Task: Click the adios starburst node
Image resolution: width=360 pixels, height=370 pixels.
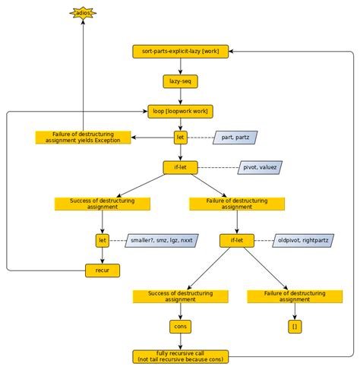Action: pos(83,13)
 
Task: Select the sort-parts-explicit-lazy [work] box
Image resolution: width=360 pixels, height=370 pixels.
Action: pos(180,52)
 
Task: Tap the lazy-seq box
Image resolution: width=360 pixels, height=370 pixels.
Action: pos(180,81)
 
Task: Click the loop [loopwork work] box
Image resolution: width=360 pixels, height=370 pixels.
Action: pos(180,110)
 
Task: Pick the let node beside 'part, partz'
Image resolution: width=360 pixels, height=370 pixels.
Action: pos(180,138)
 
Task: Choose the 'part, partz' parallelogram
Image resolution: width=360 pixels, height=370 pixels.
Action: pos(235,138)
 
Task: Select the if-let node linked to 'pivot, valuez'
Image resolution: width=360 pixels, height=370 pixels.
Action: pos(180,167)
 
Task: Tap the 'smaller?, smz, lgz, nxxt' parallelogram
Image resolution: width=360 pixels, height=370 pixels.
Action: pos(160,240)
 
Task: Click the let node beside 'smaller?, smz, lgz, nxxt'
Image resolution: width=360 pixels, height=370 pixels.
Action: pos(103,240)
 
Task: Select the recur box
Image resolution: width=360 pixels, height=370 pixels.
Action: pos(103,269)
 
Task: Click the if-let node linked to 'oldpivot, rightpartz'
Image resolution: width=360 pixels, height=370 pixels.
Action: pos(237,240)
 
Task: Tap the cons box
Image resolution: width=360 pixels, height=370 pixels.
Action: pos(180,326)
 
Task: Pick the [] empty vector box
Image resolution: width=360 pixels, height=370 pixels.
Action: pos(294,326)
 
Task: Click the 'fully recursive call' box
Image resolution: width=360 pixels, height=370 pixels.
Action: pos(180,356)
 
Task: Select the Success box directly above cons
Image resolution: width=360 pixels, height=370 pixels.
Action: pos(180,296)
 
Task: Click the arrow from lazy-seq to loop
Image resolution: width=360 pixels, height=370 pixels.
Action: pos(180,96)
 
